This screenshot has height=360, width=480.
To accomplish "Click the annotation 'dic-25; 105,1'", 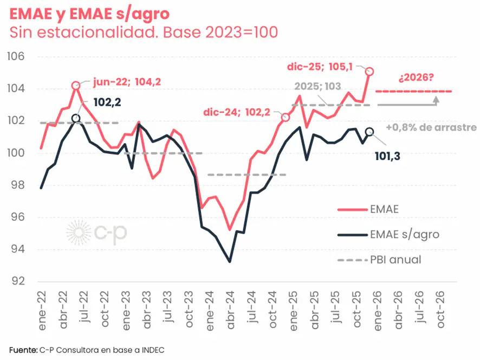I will [320, 67].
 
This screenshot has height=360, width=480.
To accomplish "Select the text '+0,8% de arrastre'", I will [431, 128].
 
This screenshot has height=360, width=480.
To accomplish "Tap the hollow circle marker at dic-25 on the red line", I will [369, 71].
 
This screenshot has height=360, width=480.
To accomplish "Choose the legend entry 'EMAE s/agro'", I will [405, 235].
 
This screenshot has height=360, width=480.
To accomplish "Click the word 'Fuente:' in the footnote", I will [23, 349].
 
